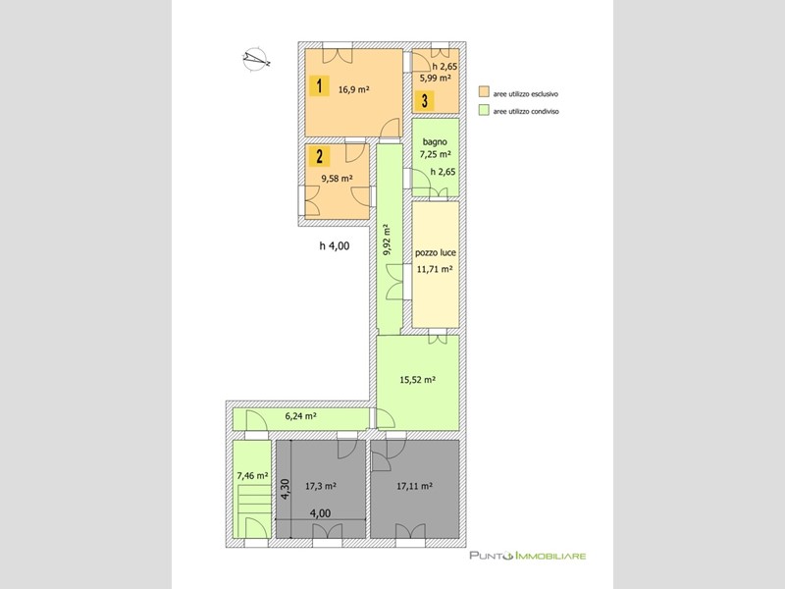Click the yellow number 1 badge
pos(318,85)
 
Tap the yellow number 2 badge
pos(318,156)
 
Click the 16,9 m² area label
pos(353,89)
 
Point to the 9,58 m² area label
pos(338,179)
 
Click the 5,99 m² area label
pos(436,78)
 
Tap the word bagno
pos(435,141)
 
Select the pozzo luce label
pos(435,252)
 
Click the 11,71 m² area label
pos(435,269)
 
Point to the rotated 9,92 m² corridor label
pos(389,239)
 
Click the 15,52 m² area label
pos(417,379)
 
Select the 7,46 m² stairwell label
pos(252,476)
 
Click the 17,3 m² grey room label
pos(321,485)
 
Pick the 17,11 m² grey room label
pos(415,485)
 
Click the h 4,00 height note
pos(334,246)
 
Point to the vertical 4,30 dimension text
pos(286,490)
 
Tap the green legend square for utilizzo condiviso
pos(483,112)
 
